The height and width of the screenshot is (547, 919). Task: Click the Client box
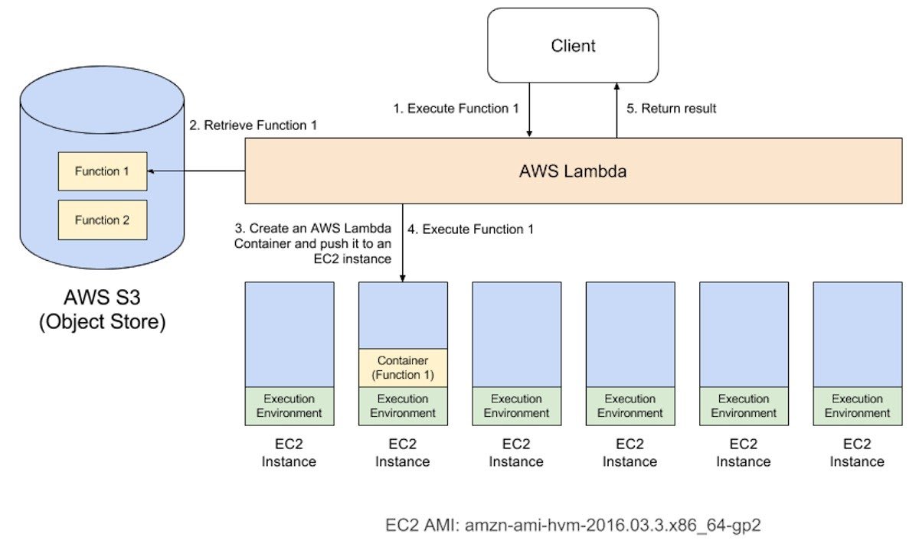(573, 45)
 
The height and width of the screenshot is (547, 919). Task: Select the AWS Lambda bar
(573, 171)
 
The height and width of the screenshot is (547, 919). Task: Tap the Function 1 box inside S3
(102, 171)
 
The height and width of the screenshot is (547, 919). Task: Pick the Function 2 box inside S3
(102, 220)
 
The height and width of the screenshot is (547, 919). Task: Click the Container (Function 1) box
(403, 368)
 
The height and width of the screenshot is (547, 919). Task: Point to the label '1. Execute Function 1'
(456, 109)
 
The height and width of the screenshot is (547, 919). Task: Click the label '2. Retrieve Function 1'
(253, 125)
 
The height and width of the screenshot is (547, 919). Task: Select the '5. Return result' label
(672, 109)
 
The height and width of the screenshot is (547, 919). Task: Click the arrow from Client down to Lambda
(529, 110)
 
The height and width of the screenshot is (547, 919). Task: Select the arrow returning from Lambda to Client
(616, 110)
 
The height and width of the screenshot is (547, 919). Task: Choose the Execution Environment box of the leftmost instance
(289, 405)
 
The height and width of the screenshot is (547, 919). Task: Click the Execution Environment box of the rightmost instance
(857, 405)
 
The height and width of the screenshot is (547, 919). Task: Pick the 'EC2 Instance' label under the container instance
(403, 453)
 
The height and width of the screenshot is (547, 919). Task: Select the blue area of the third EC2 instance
(516, 334)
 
